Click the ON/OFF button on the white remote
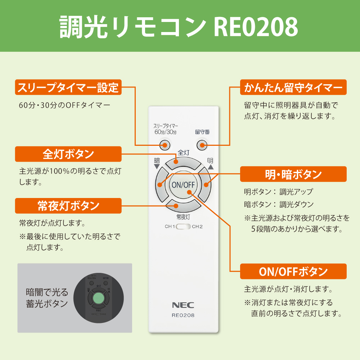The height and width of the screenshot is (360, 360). (x=183, y=185)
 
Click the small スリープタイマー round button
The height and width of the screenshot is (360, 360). (x=165, y=145)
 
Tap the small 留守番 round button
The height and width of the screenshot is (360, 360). (x=201, y=145)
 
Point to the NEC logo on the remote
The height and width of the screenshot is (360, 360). (x=183, y=305)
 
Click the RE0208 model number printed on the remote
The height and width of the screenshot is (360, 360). (x=183, y=315)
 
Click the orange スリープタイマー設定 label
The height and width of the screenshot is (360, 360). (x=68, y=87)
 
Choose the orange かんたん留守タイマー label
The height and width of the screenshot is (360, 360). (x=293, y=87)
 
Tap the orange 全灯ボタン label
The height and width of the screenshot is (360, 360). (x=68, y=154)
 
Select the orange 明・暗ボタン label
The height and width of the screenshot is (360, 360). (x=293, y=174)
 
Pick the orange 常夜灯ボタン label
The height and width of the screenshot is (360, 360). (x=68, y=206)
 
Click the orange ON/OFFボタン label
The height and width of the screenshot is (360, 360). (x=293, y=271)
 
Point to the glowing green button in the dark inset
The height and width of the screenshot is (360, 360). (x=98, y=298)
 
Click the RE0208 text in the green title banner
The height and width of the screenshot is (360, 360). (x=256, y=26)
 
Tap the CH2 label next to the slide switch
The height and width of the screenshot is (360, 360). (x=197, y=227)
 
